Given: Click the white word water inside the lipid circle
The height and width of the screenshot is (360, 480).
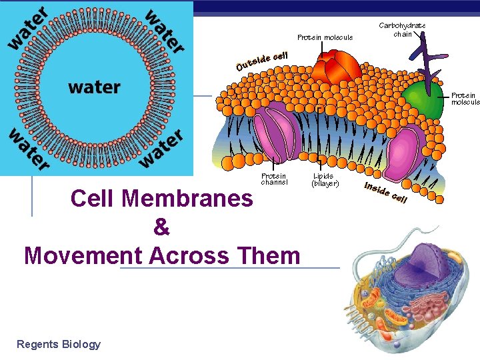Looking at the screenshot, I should [x=94, y=87].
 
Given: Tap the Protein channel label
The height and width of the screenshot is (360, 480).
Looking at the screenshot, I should [x=273, y=179].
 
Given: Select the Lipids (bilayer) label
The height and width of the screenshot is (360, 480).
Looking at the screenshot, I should [x=325, y=179].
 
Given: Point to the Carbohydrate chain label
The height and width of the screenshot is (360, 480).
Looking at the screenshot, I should [x=402, y=29].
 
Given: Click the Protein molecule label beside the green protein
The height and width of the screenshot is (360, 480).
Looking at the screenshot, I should [x=465, y=99].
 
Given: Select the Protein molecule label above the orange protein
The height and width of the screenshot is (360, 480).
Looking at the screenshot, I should [x=325, y=37].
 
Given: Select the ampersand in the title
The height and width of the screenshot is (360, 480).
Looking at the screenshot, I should [x=161, y=227].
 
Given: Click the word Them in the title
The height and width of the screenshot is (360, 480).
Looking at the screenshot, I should [x=273, y=255].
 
